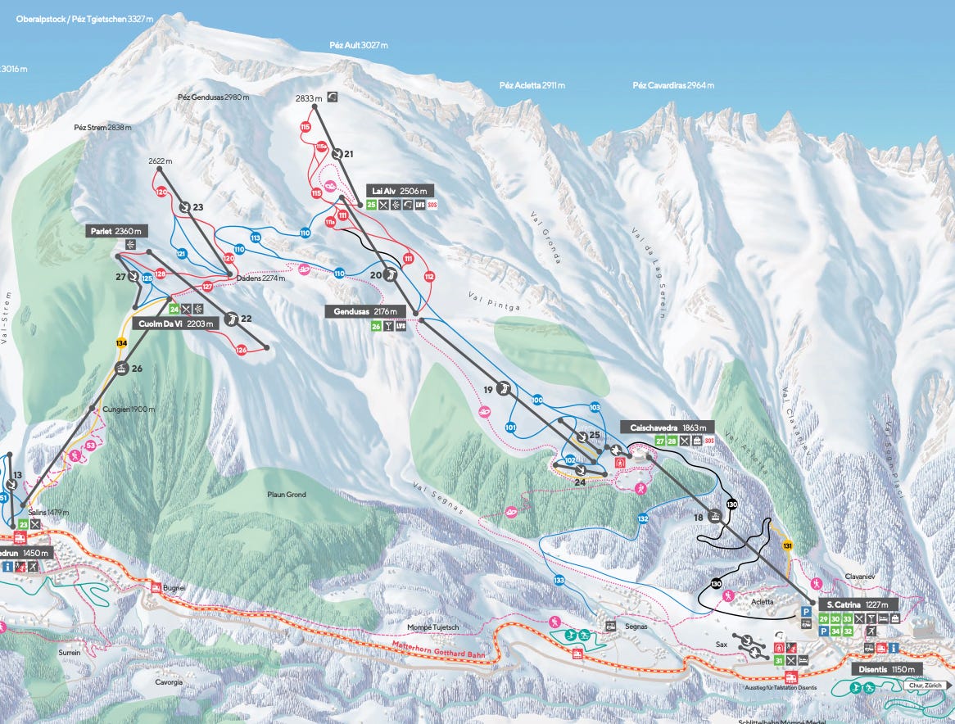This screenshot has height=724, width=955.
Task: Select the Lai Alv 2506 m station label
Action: [x=401, y=191]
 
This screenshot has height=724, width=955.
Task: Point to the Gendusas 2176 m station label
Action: [x=365, y=311]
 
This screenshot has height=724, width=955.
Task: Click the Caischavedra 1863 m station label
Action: [x=667, y=428]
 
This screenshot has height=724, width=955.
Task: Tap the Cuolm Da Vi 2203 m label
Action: [x=175, y=324]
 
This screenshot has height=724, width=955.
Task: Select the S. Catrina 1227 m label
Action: [x=857, y=604]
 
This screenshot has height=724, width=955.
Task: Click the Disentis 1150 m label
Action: [x=889, y=669]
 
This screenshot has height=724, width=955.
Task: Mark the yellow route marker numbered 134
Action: [x=121, y=342]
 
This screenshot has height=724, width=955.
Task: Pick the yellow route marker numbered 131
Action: [x=788, y=545]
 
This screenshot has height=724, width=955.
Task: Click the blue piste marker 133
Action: [x=559, y=581]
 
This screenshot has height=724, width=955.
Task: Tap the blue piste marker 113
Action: [x=256, y=238]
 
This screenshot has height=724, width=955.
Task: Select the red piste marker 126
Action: [x=241, y=350]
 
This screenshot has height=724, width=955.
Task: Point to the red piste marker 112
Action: [x=428, y=277]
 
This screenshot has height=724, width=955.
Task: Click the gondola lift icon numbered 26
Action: [x=121, y=369]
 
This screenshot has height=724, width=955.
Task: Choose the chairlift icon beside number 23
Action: [x=184, y=207]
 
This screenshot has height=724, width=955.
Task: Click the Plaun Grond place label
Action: [x=287, y=495]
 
